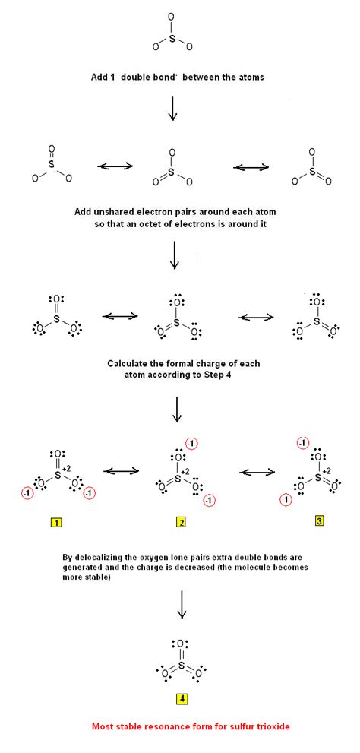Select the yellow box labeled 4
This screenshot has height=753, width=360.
click(179, 698)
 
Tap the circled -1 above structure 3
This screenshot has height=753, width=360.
click(304, 442)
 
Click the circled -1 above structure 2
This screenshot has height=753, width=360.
click(193, 444)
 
